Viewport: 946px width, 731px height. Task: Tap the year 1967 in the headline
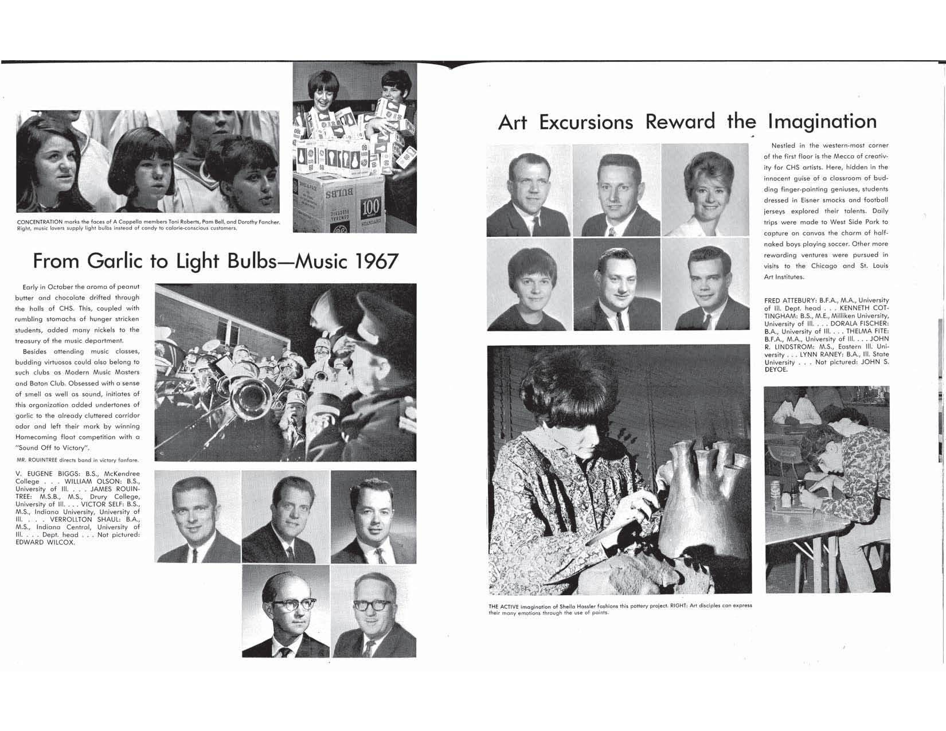(376, 261)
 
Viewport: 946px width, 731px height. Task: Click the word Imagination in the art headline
(822, 122)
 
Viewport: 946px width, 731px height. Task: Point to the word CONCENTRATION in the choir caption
(40, 222)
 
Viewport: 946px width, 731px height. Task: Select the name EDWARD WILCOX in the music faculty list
(45, 542)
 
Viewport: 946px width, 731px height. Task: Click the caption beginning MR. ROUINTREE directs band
(77, 460)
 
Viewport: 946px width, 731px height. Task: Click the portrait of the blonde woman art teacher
(706, 189)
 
